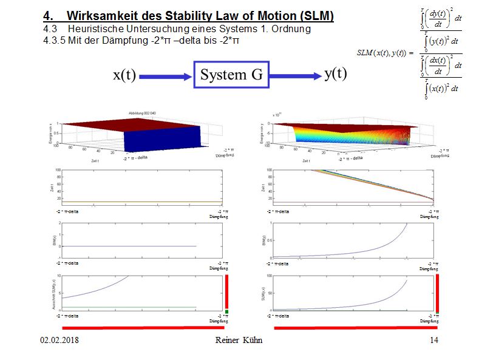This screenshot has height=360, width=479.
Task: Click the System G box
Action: [x=231, y=75]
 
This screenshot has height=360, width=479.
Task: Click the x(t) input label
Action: [x=124, y=75]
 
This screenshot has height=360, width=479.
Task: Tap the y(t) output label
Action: [x=335, y=74]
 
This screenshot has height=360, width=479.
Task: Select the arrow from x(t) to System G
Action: [x=166, y=76]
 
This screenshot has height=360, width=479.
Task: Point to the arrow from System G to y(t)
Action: [x=294, y=76]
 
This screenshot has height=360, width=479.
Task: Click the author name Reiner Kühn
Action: [x=239, y=341]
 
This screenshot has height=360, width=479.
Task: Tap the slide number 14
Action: [x=433, y=341]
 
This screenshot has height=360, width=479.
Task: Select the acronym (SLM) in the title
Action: [x=318, y=15]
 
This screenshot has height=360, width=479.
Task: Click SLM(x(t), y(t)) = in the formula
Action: [x=385, y=53]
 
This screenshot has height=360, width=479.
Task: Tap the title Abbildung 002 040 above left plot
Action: [x=142, y=114]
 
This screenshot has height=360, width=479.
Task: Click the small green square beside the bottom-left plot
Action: [x=226, y=312]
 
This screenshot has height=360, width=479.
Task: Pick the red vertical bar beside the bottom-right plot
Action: [x=437, y=292]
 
